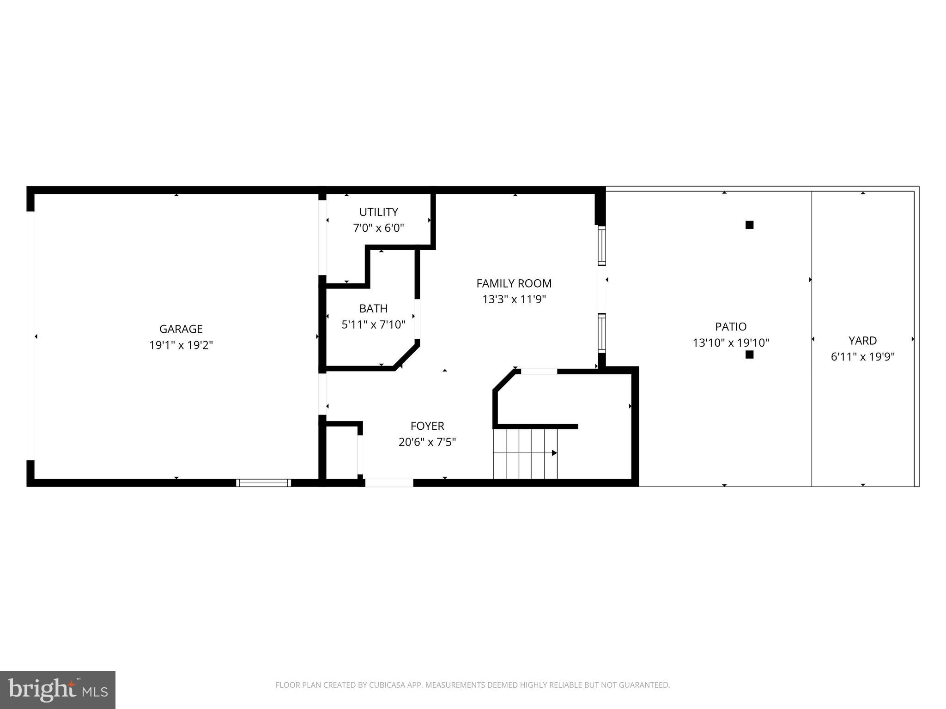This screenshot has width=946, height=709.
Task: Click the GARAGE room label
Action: point(181,329)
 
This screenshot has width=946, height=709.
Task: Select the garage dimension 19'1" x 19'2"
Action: point(181,345)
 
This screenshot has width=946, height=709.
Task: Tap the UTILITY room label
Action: point(378,212)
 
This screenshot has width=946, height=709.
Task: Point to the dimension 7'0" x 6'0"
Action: point(378,228)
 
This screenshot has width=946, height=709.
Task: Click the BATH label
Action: point(373,308)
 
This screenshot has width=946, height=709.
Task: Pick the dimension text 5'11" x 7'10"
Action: point(373,325)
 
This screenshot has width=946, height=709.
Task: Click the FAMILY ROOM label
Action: point(514,283)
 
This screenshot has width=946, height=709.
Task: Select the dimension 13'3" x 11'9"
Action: point(514,300)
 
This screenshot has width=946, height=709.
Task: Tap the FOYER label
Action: point(427,426)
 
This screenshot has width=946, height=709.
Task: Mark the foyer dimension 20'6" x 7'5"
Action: point(427,442)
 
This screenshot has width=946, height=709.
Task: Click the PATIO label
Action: point(730,327)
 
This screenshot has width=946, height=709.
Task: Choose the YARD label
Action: point(862,341)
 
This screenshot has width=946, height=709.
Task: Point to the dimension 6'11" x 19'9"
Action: point(862,357)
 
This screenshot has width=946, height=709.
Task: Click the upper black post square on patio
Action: point(749,225)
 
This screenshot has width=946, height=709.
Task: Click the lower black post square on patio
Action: point(749,354)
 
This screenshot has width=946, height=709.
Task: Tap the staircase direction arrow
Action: point(554,453)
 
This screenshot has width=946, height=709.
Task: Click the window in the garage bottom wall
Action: point(263,483)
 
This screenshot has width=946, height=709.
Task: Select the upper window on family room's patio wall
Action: point(601,246)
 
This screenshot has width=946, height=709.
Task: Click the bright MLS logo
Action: point(58,690)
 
